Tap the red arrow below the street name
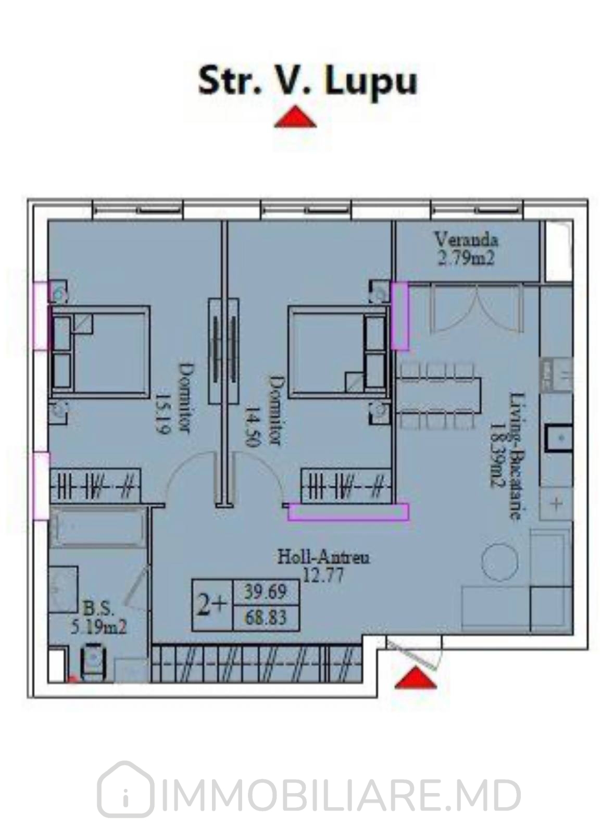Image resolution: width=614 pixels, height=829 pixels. (x=295, y=117)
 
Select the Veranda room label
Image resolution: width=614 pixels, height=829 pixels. (x=466, y=240)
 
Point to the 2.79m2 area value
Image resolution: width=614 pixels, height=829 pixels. (x=466, y=258)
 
